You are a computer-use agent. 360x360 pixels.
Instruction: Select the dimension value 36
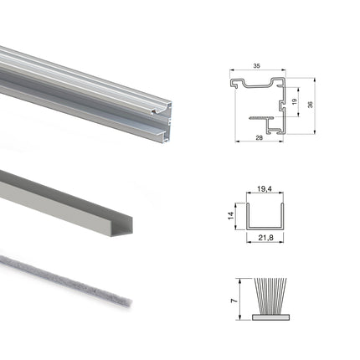[x=311, y=105]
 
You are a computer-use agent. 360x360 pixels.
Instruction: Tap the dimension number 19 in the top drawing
[x=294, y=101]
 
